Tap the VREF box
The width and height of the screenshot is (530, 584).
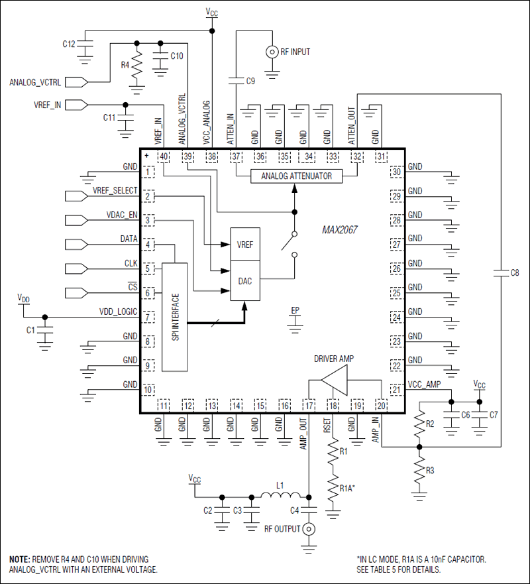pos(244,244)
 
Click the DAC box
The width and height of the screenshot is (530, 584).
pos(244,281)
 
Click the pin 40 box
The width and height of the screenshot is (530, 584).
pos(162,156)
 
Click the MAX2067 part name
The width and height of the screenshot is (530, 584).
pos(339,229)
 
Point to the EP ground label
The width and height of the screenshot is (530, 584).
pos(295,310)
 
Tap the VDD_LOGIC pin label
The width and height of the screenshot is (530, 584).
pos(119,311)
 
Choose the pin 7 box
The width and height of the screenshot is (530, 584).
pos(149,318)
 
